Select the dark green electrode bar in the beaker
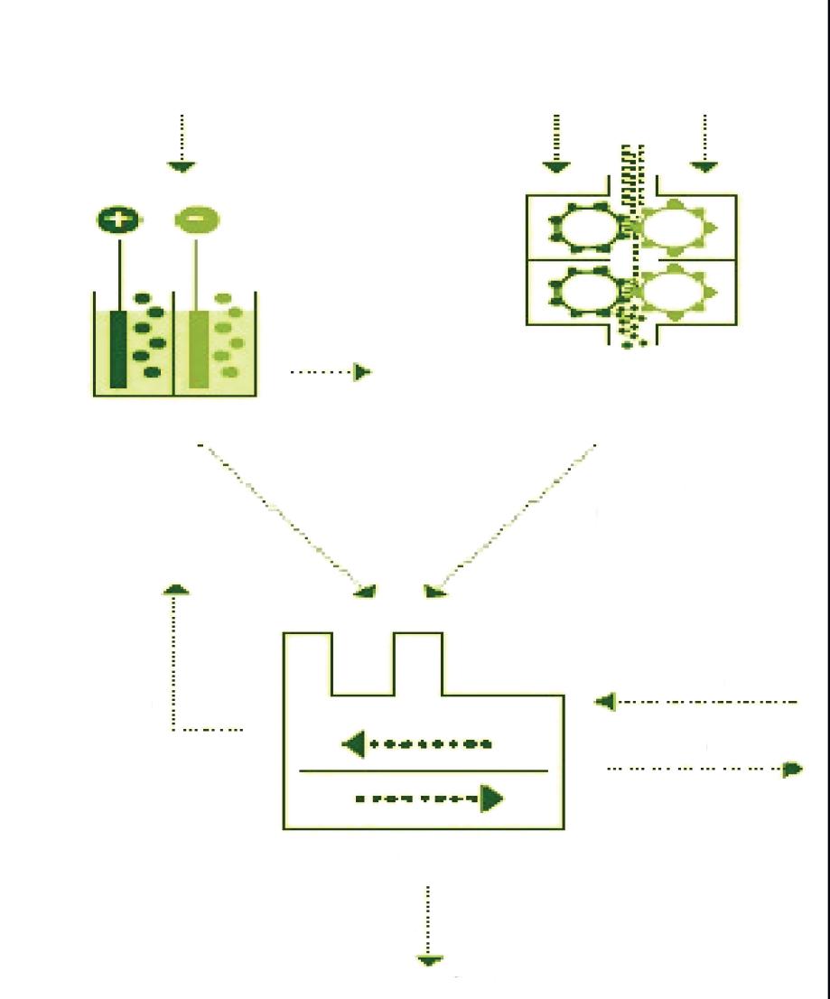coord(118,349)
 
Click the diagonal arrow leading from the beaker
coord(288,519)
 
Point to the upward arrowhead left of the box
coord(178,589)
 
